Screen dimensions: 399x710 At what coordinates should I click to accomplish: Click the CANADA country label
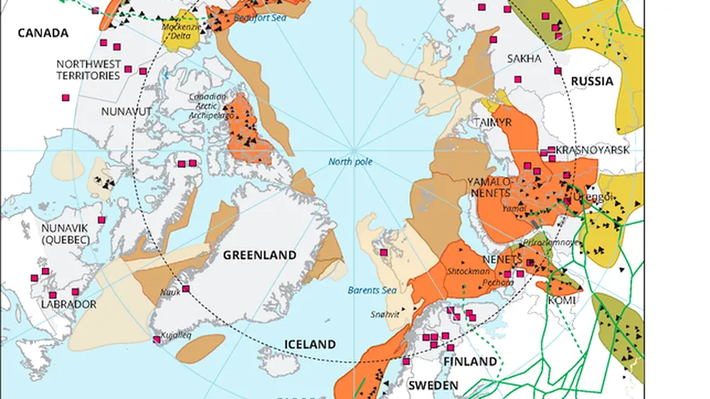(x=43, y=33)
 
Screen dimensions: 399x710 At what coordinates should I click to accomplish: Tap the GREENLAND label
(x=259, y=255)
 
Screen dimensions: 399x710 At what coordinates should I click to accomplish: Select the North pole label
(x=350, y=162)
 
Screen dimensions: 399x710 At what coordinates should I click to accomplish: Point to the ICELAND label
(x=310, y=344)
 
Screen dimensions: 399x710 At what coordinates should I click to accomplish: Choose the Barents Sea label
(x=367, y=291)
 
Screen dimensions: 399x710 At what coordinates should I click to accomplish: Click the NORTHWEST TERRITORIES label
(x=88, y=69)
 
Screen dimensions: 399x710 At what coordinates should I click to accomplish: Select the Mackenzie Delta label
(x=177, y=31)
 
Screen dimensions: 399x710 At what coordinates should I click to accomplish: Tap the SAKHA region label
(x=524, y=58)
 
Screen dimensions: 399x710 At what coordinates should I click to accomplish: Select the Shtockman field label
(x=467, y=271)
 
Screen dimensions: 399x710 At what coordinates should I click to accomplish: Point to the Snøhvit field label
(x=384, y=315)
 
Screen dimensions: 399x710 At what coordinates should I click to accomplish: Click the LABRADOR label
(x=69, y=304)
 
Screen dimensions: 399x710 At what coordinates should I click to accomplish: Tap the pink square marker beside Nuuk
(x=186, y=289)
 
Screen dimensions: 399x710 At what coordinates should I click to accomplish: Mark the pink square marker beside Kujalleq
(x=158, y=340)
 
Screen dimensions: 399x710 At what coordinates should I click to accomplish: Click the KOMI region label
(x=562, y=300)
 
